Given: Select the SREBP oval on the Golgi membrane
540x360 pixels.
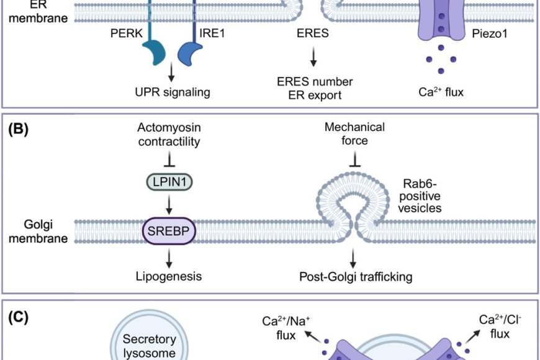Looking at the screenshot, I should pyautogui.click(x=169, y=231).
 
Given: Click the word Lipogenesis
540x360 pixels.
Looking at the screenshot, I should pyautogui.click(x=169, y=276).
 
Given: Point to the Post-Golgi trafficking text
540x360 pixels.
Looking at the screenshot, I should pyautogui.click(x=355, y=276).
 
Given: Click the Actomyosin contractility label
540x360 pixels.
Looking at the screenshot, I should pyautogui.click(x=169, y=135).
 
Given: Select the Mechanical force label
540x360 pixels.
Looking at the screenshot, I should pyautogui.click(x=354, y=135).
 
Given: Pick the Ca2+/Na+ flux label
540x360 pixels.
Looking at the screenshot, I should pyautogui.click(x=286, y=326).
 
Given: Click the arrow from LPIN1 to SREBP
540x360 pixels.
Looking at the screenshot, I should pyautogui.click(x=169, y=204).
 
